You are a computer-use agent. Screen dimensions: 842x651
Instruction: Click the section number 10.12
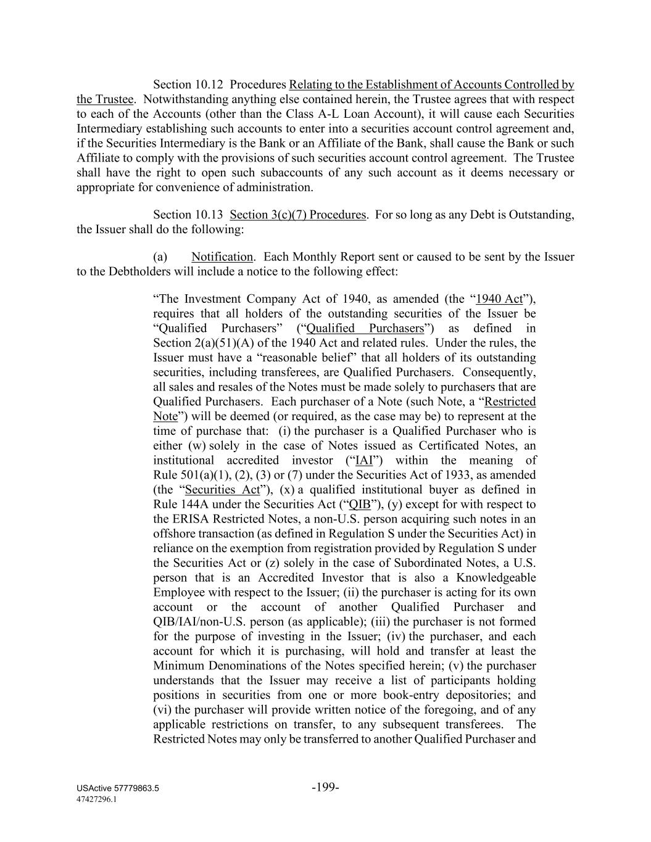210,85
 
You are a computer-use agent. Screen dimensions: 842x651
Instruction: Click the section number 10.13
210,215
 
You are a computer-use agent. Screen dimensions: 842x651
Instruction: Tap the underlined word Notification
222,257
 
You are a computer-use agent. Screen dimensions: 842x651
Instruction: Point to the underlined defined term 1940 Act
499,299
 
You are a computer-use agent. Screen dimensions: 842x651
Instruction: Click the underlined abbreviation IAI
364,460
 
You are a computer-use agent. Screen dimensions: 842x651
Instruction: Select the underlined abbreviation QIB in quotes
360,505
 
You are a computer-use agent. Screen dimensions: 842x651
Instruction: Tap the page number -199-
325,787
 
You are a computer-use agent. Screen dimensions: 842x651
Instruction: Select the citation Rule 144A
180,505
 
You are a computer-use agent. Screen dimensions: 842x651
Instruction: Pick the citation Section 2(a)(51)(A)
199,343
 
